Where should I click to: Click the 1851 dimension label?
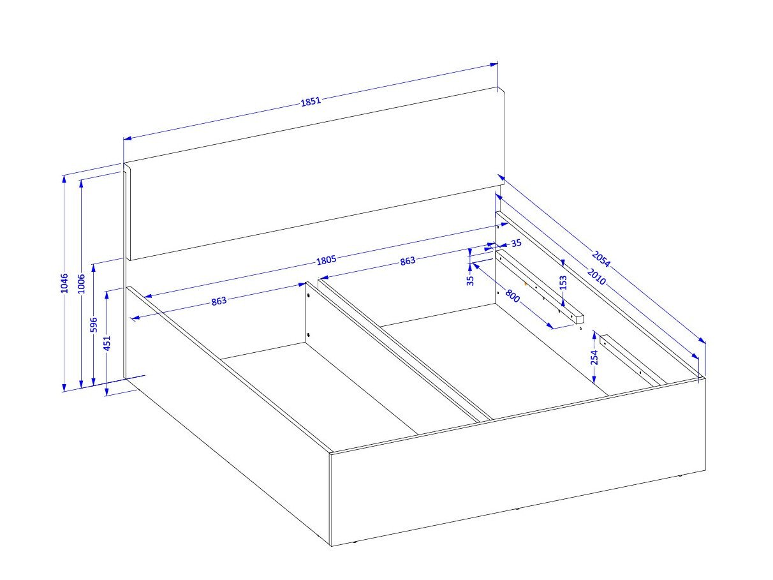coord(311,101)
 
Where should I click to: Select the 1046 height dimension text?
coord(64,283)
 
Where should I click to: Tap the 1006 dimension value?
coord(82,283)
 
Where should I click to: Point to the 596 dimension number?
coord(94,325)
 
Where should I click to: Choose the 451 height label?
coord(107,343)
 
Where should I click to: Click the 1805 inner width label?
coord(326,260)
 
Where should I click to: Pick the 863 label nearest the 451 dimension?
coord(219,301)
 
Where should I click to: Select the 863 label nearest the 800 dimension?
coord(408,261)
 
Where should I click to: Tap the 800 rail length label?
coord(512,296)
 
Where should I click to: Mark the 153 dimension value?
coord(563,283)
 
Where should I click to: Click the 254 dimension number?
coord(594,357)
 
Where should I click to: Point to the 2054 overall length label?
coord(601,259)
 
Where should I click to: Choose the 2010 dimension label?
coord(596,276)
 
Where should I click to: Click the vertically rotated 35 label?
coord(470,280)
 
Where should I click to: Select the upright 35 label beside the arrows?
coord(516,243)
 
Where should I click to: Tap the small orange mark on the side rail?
coord(526,283)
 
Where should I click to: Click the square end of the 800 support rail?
coord(579,319)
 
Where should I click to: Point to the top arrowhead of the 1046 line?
coord(64,179)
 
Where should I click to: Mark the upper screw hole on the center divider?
coord(309,295)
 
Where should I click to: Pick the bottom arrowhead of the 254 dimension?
coord(594,379)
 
